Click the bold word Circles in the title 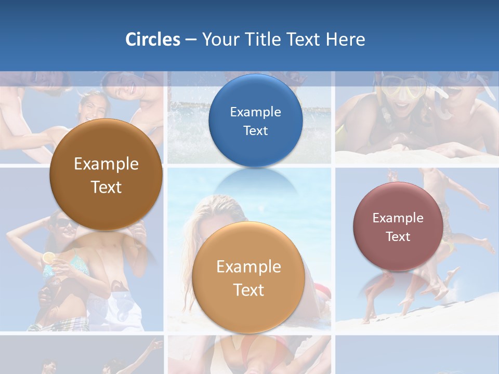click(152, 39)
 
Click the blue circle click(255, 121)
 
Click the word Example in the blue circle click(255, 112)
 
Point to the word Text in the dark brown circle click(106, 187)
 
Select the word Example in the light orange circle click(248, 267)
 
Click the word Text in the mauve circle click(398, 237)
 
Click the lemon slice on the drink click(48, 257)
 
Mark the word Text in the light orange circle click(248, 290)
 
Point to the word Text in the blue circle click(255, 130)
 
